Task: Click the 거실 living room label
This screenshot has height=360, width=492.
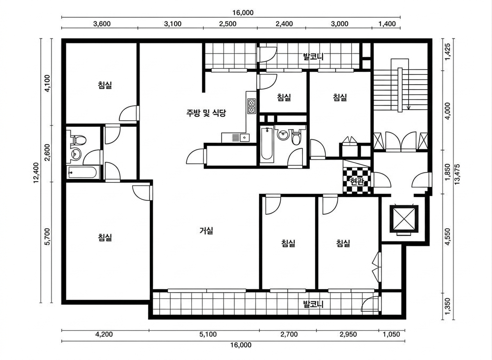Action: click(x=206, y=231)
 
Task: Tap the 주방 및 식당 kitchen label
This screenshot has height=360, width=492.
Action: click(x=206, y=113)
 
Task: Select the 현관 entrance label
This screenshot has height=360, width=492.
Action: click(x=357, y=182)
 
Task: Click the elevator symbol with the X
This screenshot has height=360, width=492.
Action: click(x=404, y=219)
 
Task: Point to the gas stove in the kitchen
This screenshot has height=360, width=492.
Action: click(x=252, y=106)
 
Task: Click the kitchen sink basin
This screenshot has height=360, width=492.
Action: click(x=244, y=137)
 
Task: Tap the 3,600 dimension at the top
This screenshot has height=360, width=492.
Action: click(x=102, y=24)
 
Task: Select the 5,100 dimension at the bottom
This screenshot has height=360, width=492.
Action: click(x=208, y=334)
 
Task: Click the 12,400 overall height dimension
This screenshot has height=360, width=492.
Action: click(x=36, y=173)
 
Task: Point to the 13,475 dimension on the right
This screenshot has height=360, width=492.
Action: click(x=457, y=174)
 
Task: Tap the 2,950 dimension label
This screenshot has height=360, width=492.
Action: click(x=348, y=334)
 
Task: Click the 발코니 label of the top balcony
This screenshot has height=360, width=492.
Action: click(x=313, y=56)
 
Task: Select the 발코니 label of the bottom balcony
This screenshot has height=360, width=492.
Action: click(x=313, y=305)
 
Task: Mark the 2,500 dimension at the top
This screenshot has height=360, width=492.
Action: click(x=228, y=24)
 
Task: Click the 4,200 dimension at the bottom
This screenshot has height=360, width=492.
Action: click(x=104, y=334)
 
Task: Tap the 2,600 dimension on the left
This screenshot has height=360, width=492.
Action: click(x=47, y=153)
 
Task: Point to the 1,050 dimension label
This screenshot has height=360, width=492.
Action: click(x=391, y=334)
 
